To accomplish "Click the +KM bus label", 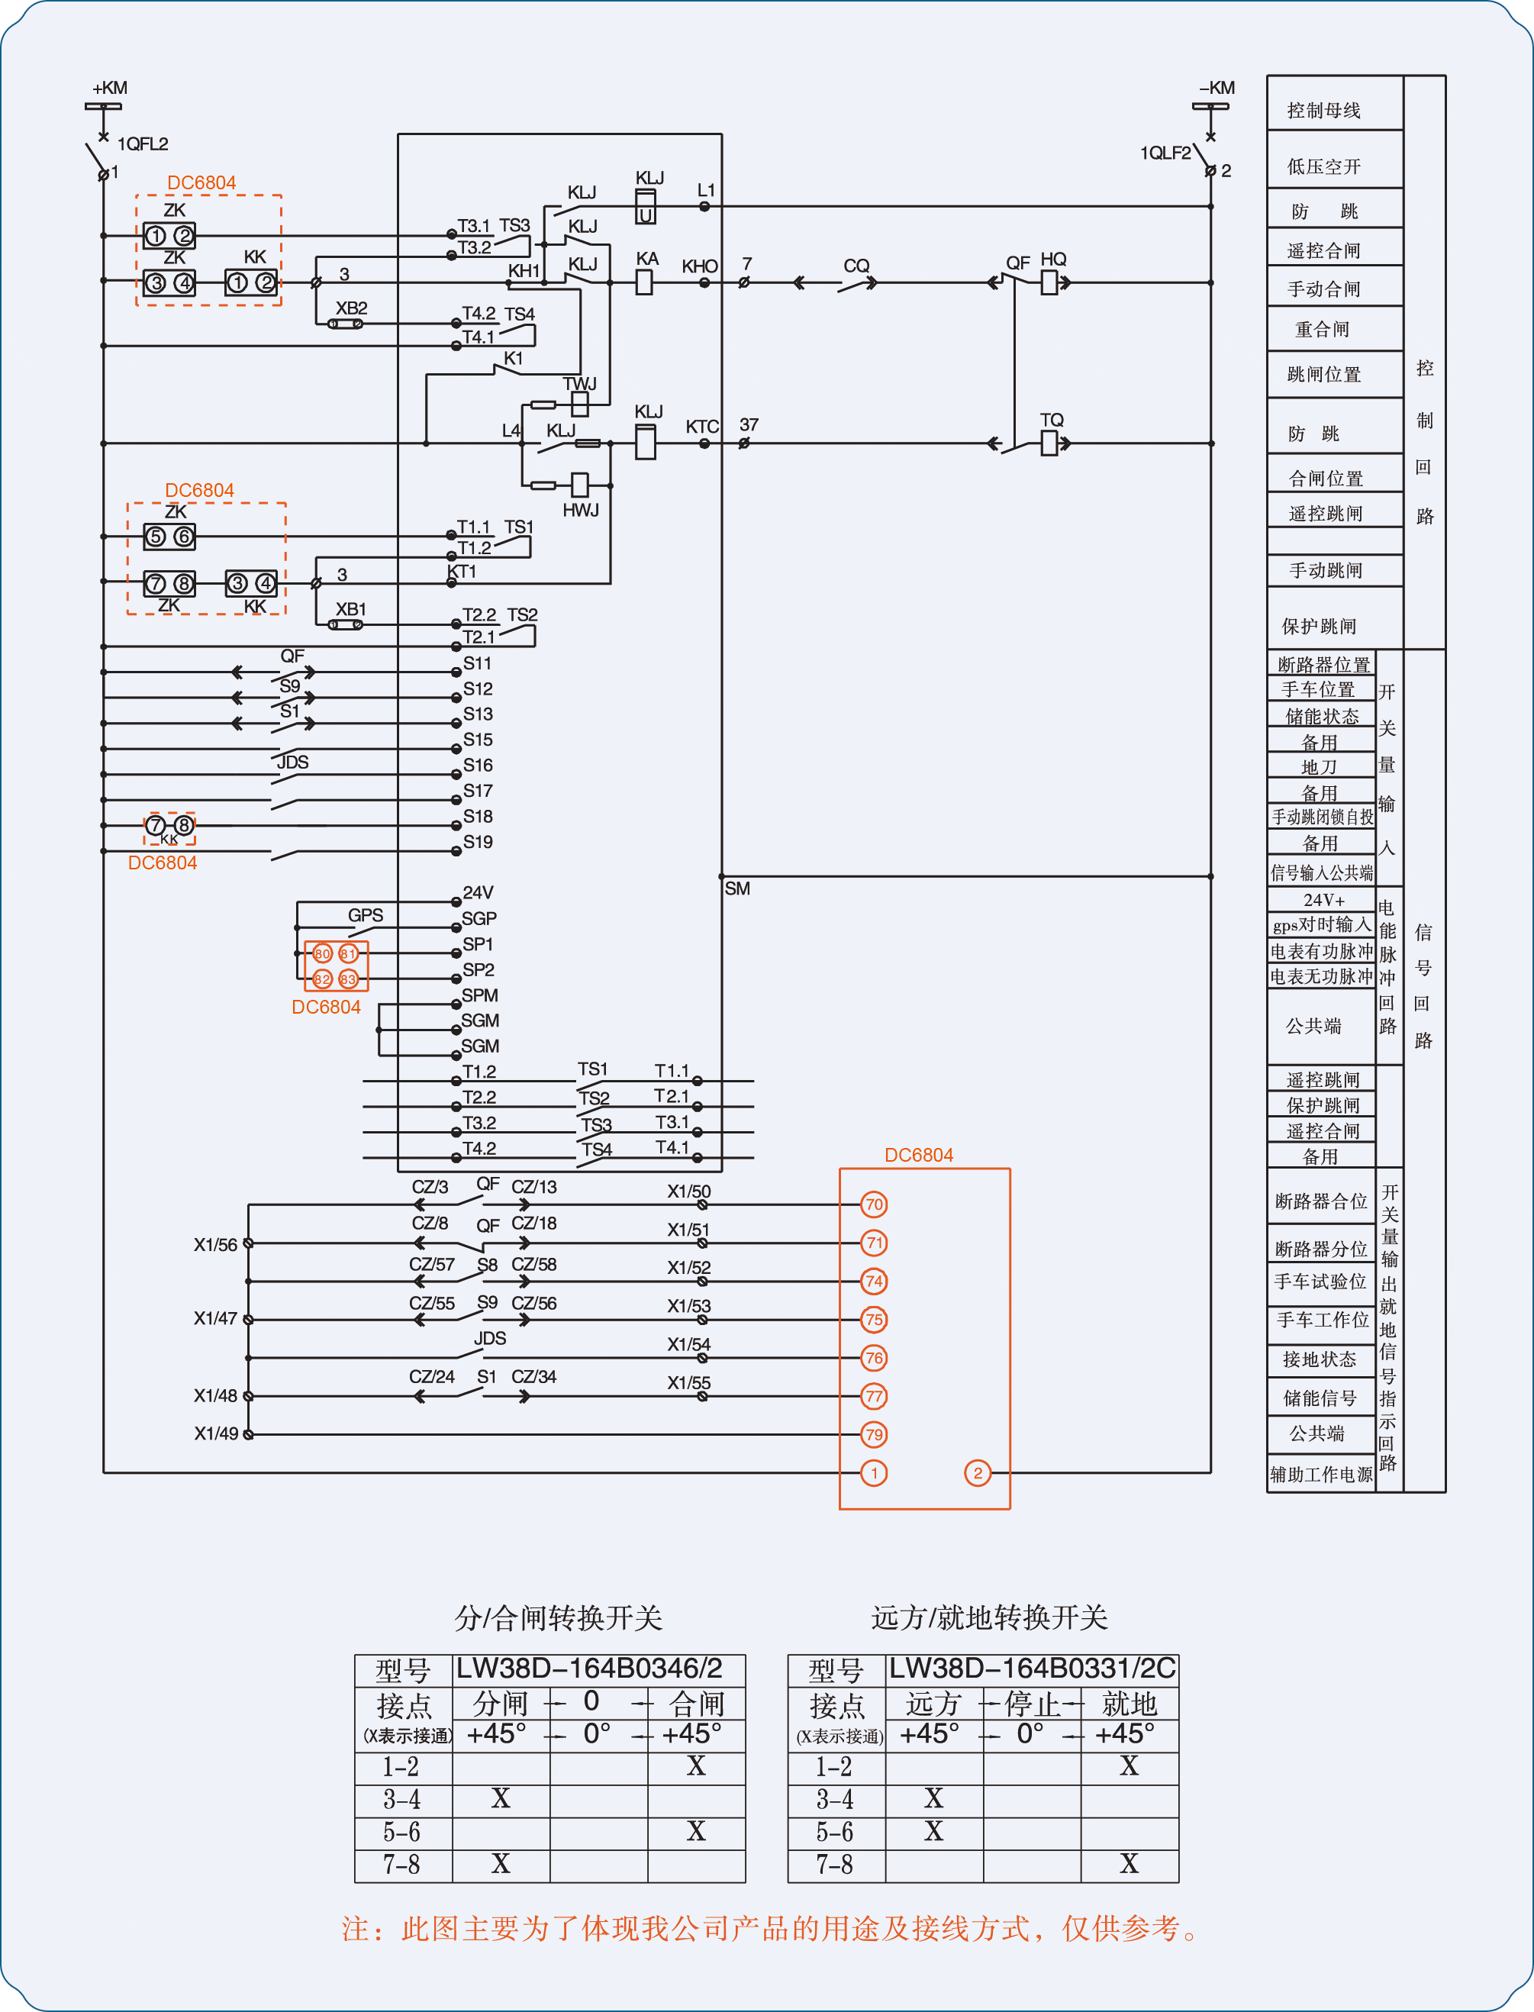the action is [110, 88].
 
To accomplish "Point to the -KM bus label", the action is [1217, 88].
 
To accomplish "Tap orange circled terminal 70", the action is [874, 1204].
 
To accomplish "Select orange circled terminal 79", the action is [874, 1434].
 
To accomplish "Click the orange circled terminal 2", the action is [977, 1472].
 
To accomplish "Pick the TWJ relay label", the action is [580, 384].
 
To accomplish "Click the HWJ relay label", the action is [581, 510].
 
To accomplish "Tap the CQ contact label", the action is [856, 266].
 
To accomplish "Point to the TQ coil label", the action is [1052, 419].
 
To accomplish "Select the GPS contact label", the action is [366, 915].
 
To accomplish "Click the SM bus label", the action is [737, 888].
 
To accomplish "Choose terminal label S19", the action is [478, 841].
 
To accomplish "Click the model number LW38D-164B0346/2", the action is [589, 1669].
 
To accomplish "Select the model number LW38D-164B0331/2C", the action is [1033, 1669].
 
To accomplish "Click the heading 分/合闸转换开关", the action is [559, 1617].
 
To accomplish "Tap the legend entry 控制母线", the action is [1324, 111].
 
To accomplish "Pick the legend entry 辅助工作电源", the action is [1321, 1474].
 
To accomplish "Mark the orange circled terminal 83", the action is [348, 979].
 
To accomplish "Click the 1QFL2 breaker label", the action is [143, 143].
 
